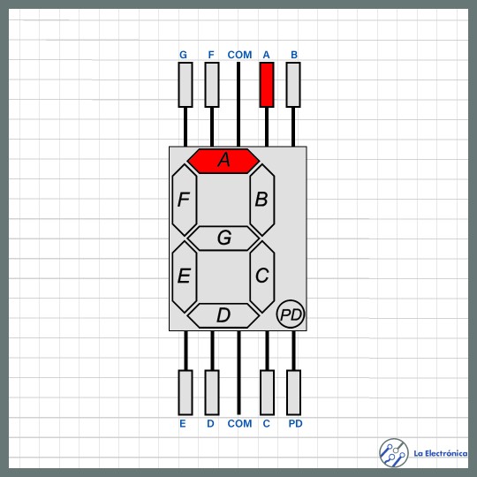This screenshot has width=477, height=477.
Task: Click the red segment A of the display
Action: (223, 161)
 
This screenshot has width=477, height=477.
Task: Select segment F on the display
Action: (185, 200)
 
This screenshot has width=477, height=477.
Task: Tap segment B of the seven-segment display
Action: (262, 200)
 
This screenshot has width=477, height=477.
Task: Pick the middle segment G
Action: (223, 238)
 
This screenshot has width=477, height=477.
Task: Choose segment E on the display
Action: (185, 276)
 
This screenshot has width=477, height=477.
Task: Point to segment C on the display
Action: (262, 276)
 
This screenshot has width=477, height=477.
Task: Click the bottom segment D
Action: (223, 315)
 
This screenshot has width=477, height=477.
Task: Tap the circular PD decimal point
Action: (291, 314)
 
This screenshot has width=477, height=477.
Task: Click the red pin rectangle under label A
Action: (267, 85)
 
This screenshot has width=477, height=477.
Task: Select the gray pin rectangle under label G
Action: (185, 85)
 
